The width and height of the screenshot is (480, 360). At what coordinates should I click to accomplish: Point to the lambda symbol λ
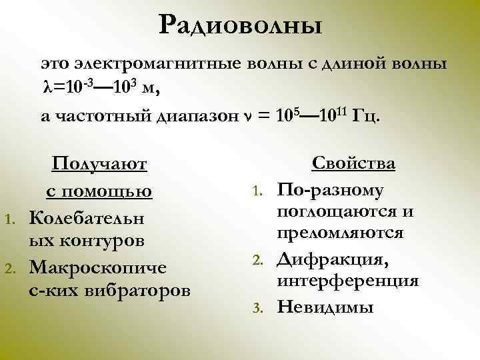coord(46,89)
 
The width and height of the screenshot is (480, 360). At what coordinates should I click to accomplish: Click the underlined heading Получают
coord(100,164)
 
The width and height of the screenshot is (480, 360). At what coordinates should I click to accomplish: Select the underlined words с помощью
coord(99,191)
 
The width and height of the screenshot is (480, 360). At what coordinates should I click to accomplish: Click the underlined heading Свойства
coord(354,164)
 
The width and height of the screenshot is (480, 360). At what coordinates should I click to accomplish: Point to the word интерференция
coord(348,281)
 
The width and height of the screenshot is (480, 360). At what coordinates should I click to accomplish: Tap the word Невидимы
coord(325,307)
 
